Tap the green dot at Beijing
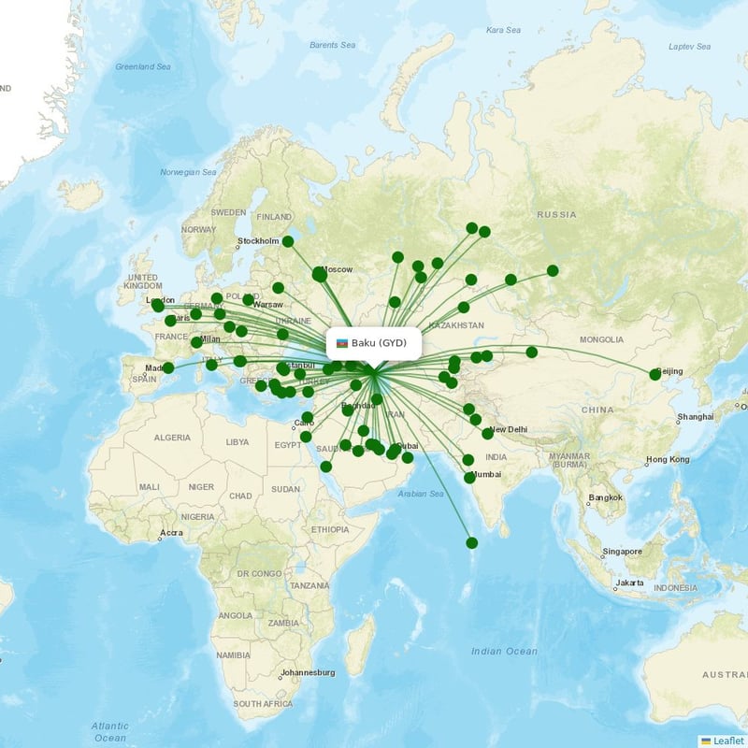[655, 375]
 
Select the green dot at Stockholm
[288, 241]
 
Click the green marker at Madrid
[168, 368]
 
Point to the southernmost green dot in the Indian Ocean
[472, 543]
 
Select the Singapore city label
[621, 552]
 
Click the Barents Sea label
[333, 45]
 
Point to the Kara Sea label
[503, 31]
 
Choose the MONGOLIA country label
[601, 339]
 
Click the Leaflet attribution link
[726, 741]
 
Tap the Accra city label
[171, 533]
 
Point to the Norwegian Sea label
[188, 173]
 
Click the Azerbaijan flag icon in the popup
[342, 343]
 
